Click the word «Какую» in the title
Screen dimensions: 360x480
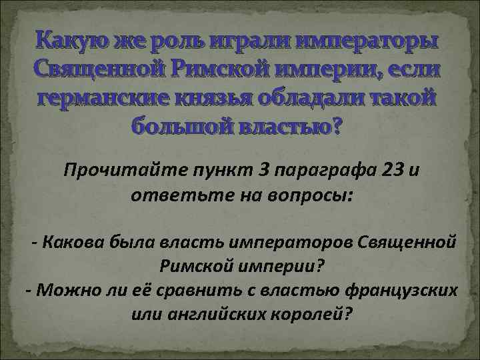coord(75,41)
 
